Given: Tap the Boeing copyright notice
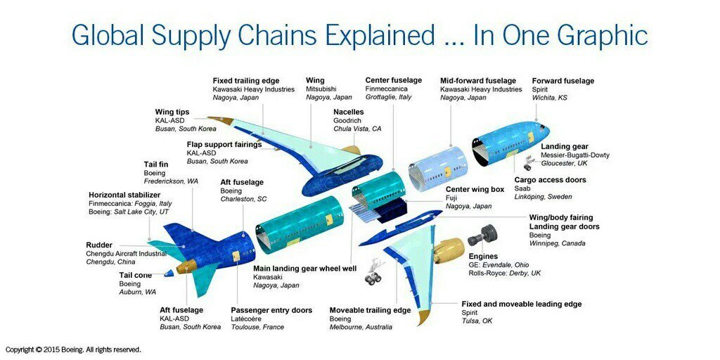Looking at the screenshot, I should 73,349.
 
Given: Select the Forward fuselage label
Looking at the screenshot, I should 562,81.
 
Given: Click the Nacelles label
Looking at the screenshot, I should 349,112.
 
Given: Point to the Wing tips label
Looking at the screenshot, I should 172,112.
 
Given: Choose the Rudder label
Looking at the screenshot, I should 99,245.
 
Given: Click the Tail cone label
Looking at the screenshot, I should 136,275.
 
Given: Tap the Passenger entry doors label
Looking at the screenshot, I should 271,310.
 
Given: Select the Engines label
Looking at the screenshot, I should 483,257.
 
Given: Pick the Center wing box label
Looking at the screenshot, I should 475,189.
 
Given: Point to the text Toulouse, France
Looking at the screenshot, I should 257,327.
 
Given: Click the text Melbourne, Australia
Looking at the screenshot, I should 361,327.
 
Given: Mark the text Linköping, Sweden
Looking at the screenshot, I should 543,197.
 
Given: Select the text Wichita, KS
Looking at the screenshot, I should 549,98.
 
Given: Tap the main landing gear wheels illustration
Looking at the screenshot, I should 373,279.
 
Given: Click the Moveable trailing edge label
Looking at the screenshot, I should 370,310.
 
